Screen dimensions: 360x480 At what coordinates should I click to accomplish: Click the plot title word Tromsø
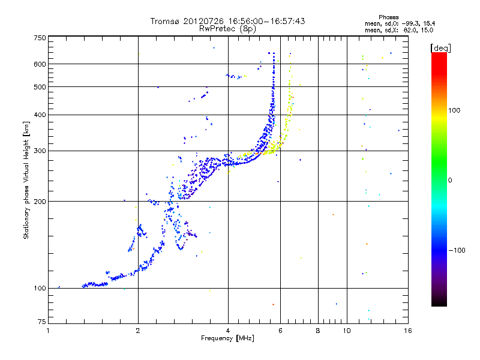[x=166, y=21]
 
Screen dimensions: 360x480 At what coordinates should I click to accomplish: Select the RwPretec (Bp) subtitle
[x=227, y=28]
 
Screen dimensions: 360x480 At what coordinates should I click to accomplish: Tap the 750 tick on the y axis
[x=40, y=38]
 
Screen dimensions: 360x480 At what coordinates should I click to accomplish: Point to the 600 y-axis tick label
[x=40, y=64]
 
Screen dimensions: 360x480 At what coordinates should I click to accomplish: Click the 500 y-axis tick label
[x=40, y=86]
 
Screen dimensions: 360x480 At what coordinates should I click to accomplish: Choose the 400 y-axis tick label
[x=40, y=115]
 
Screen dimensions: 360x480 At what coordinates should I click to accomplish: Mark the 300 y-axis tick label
[x=40, y=151]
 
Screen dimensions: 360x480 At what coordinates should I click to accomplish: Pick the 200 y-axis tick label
[x=40, y=201]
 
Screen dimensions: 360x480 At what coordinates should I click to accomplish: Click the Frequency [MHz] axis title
[x=227, y=339]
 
